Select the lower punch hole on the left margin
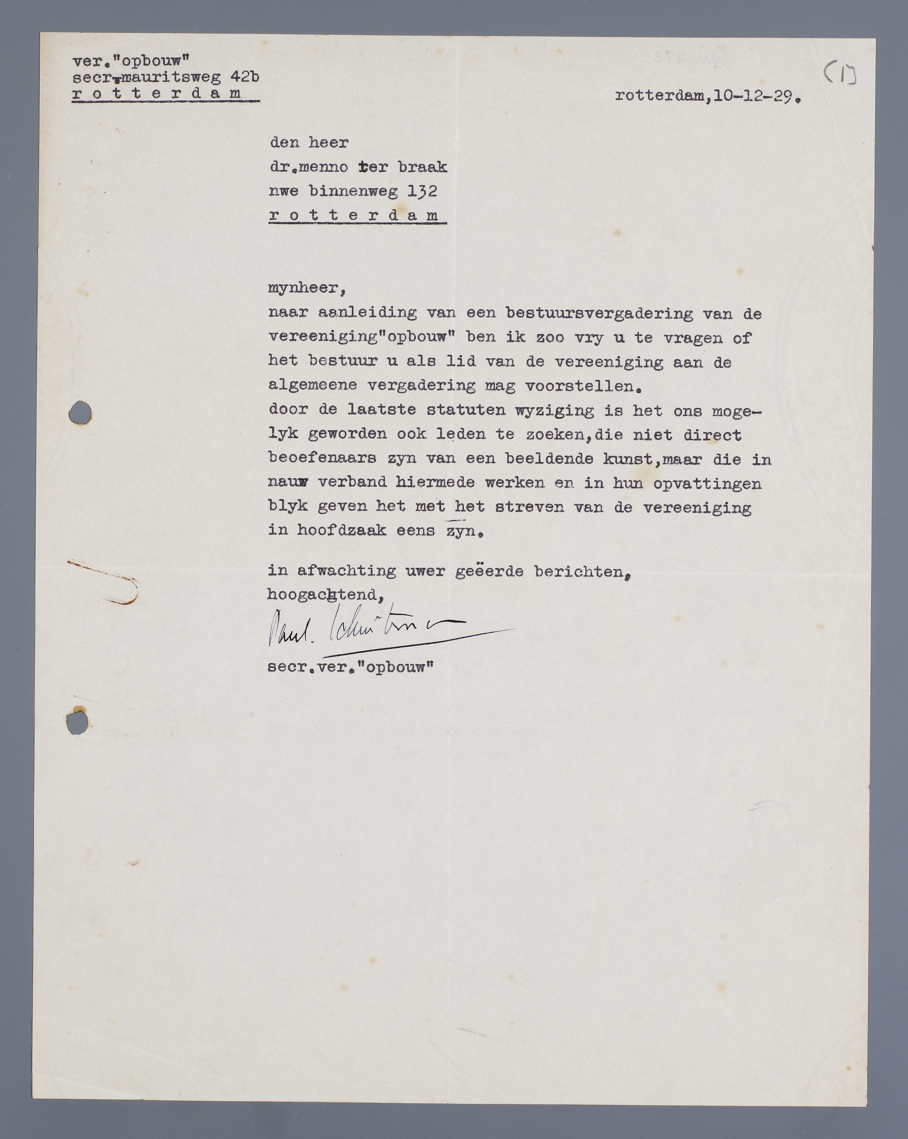coord(78,723)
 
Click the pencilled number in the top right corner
coord(840,75)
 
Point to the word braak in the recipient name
coord(422,167)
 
